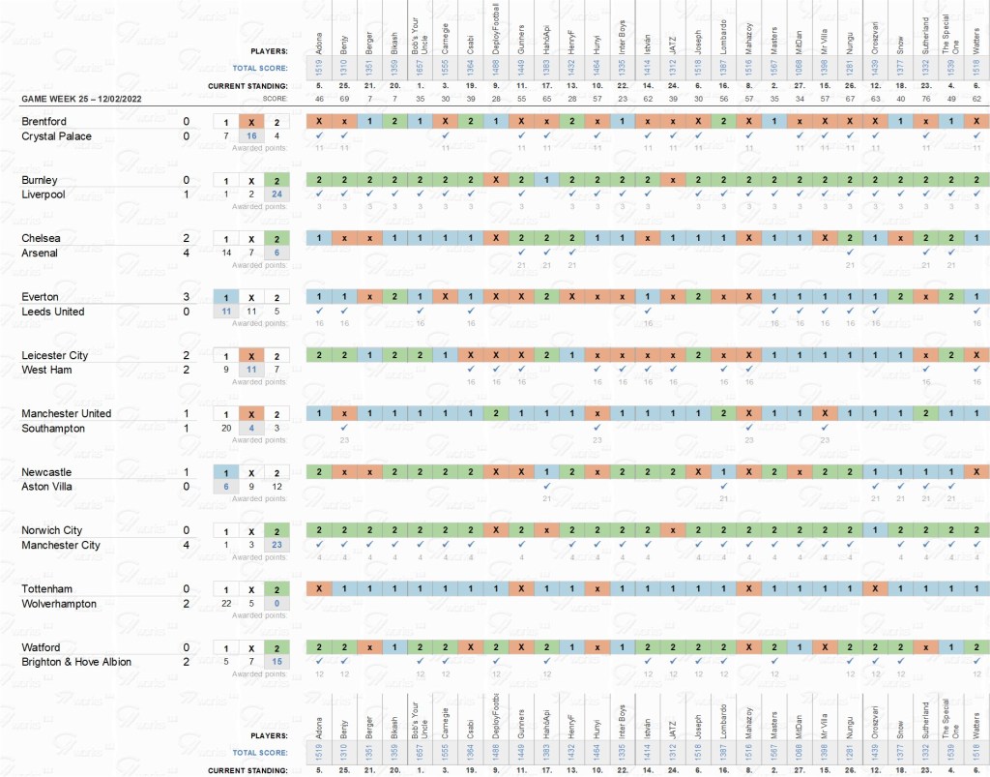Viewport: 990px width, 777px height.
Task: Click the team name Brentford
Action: tap(44, 122)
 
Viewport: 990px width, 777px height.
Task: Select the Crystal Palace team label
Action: tap(56, 136)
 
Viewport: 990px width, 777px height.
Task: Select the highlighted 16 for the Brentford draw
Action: tap(250, 136)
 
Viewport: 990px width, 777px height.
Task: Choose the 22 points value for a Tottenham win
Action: tap(225, 604)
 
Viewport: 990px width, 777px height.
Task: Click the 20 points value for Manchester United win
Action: tap(225, 429)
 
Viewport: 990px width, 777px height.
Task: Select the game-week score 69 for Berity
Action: tap(344, 99)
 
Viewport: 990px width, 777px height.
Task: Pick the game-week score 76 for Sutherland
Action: tap(926, 99)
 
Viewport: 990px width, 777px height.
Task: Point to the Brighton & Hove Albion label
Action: tap(76, 662)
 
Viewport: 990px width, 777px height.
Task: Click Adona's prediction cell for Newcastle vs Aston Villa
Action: tap(319, 472)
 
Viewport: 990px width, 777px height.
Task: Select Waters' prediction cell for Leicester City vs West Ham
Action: tap(977, 355)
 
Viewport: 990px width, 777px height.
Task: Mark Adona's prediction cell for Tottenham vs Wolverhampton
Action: tap(319, 588)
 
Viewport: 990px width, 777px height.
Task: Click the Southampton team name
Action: tap(53, 429)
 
